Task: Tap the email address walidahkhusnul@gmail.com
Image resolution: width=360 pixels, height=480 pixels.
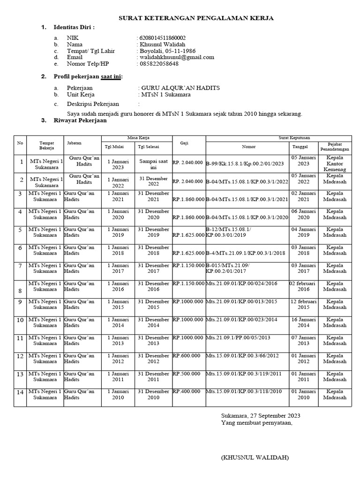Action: (x=176, y=57)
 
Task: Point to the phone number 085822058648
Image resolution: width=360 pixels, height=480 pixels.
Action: (x=158, y=64)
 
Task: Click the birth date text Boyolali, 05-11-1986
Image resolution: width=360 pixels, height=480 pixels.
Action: (x=167, y=51)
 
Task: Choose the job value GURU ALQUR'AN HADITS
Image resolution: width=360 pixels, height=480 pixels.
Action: (x=180, y=88)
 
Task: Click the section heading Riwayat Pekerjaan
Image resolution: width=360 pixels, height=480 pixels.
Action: (x=80, y=120)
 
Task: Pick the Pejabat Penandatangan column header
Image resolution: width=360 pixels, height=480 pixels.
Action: (x=335, y=146)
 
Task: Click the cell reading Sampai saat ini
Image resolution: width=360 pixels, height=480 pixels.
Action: (x=153, y=164)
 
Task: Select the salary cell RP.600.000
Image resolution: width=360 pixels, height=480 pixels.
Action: (x=187, y=355)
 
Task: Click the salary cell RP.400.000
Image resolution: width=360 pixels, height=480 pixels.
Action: (x=187, y=391)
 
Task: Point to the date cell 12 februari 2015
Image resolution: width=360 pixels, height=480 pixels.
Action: (x=303, y=304)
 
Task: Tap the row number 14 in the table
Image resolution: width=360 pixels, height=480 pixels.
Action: (x=20, y=392)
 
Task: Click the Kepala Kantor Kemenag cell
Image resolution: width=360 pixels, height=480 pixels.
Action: (x=335, y=164)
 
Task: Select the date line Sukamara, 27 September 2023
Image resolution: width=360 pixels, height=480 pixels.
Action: (x=261, y=415)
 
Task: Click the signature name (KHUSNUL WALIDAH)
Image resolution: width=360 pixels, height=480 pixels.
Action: (x=255, y=457)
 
